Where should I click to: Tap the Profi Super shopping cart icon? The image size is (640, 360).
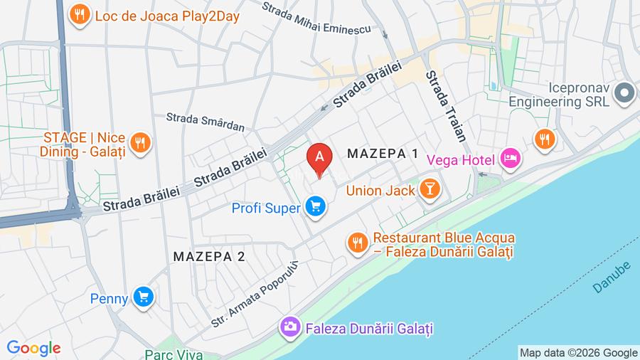(x=315, y=208)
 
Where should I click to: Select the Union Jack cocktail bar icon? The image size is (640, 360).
(x=430, y=189)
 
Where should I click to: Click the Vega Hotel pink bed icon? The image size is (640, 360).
(x=510, y=159)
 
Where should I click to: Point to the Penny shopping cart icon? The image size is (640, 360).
(x=144, y=298)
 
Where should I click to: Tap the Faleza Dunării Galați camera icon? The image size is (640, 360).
(x=289, y=327)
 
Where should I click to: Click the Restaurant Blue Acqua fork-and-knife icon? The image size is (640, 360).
(x=357, y=243)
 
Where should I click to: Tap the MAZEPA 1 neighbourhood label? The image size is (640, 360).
(x=383, y=154)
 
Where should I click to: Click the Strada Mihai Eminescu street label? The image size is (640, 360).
(x=316, y=19)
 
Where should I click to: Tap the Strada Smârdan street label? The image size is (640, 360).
(x=206, y=122)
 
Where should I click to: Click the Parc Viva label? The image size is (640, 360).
(x=174, y=354)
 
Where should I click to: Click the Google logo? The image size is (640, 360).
(x=33, y=349)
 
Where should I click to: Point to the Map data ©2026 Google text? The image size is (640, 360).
(x=578, y=353)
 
